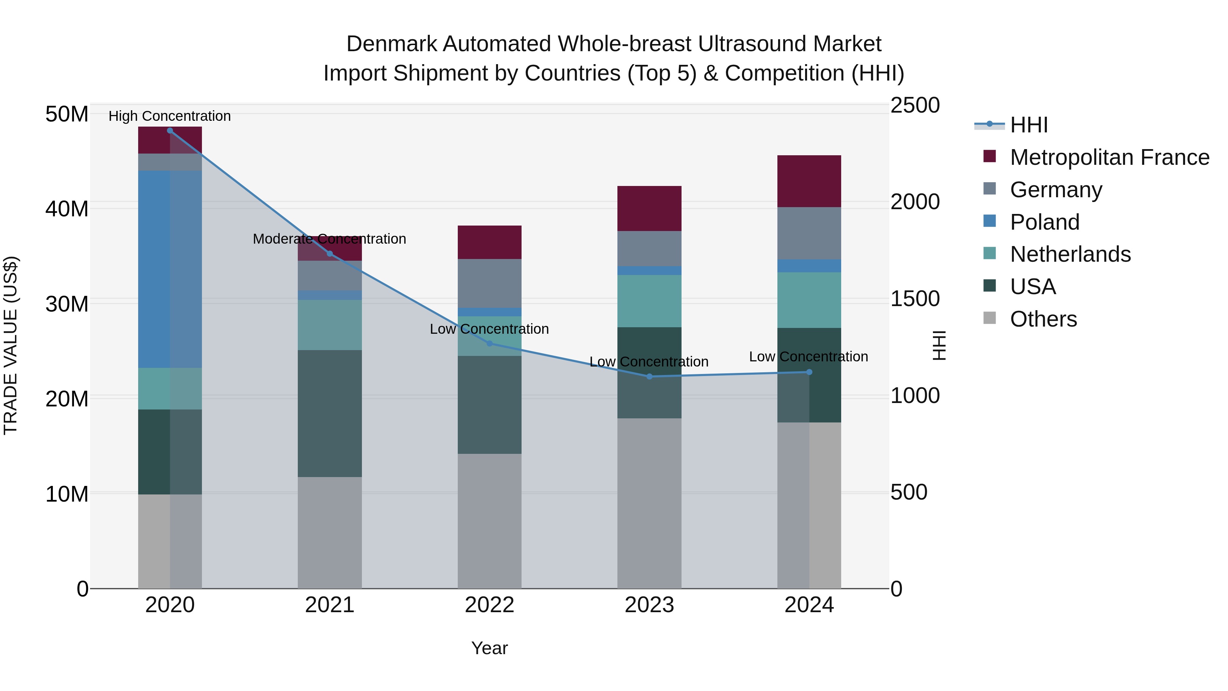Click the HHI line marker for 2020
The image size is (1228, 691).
pos(170,131)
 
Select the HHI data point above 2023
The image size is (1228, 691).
pos(649,377)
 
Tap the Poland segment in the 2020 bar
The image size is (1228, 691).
pos(170,270)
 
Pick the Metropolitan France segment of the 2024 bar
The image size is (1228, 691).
pos(809,181)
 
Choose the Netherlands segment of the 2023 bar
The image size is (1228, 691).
pos(649,301)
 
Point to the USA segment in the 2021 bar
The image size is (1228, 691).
pos(330,414)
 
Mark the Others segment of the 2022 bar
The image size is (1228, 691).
pos(489,521)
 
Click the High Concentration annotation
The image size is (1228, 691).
pos(170,116)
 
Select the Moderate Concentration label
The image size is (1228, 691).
pos(330,239)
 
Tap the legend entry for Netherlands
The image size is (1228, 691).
pos(1070,254)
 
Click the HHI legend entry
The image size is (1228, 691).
pos(1029,125)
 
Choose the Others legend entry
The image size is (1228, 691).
pos(1043,319)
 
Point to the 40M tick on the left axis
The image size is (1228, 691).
pos(67,209)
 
